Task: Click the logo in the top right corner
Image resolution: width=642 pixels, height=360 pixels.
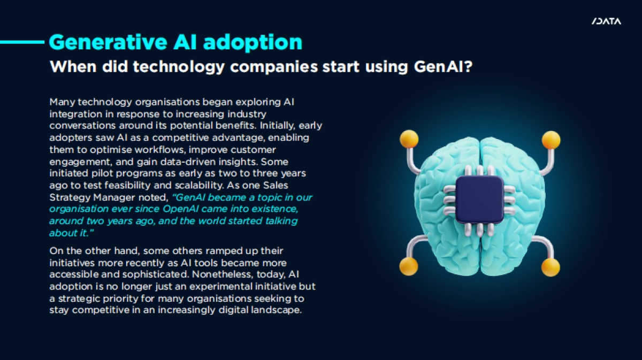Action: tap(606, 21)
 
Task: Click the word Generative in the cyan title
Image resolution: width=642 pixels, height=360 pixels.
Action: tap(108, 42)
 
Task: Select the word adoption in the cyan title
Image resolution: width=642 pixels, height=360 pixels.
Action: tap(253, 43)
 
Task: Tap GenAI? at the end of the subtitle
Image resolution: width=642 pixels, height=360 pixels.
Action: tap(443, 66)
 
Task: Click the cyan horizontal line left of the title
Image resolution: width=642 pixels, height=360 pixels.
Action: tap(22, 42)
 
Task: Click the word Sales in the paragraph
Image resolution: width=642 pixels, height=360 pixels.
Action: tap(276, 185)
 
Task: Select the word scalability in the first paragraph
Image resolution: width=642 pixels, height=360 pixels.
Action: tap(199, 186)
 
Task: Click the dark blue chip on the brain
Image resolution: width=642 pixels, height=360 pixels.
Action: tap(479, 200)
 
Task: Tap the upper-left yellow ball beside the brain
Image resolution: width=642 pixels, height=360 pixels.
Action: tap(409, 139)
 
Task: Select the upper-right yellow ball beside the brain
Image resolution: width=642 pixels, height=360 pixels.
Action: tap(551, 140)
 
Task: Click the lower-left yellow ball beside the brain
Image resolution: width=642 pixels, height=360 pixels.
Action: tap(409, 266)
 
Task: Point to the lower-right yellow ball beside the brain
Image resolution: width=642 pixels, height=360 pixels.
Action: tap(551, 267)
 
